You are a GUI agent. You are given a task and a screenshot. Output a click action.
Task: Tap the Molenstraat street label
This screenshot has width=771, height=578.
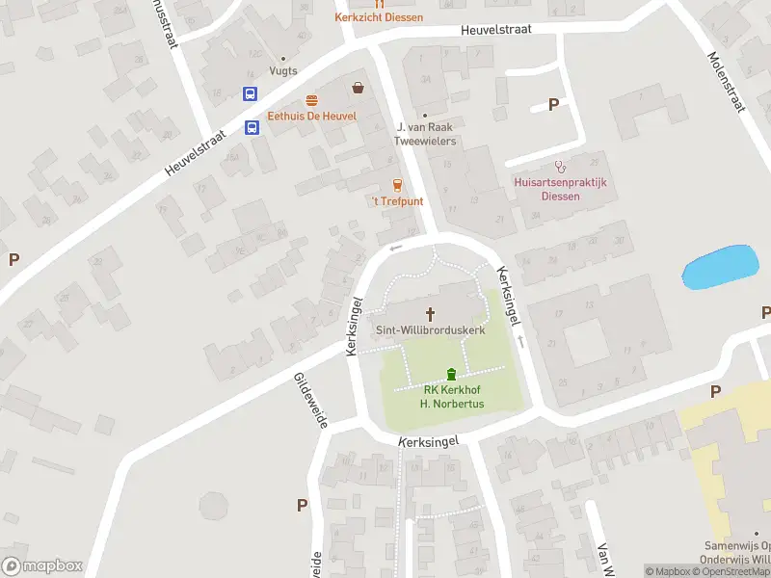(x=728, y=82)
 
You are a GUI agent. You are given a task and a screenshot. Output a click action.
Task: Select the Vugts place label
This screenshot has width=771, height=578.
(x=282, y=70)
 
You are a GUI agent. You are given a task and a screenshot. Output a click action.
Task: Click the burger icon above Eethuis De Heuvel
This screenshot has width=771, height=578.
(x=311, y=100)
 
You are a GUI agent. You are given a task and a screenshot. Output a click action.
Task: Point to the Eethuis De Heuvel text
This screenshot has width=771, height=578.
(x=311, y=117)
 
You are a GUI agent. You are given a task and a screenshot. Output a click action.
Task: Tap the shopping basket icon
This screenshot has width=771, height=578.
(x=359, y=88)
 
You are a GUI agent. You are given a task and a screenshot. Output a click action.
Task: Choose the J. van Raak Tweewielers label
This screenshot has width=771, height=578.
(x=425, y=134)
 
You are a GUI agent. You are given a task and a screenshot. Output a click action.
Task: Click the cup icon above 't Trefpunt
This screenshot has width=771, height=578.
(x=397, y=185)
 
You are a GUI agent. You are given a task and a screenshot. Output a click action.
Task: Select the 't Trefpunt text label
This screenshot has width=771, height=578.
(x=397, y=201)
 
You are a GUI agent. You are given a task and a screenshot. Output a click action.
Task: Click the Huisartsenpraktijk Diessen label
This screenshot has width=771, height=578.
(x=561, y=189)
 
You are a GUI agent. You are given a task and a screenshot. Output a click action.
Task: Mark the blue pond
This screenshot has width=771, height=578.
(x=720, y=267)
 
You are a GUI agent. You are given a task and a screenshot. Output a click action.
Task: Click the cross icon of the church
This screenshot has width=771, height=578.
(x=430, y=313)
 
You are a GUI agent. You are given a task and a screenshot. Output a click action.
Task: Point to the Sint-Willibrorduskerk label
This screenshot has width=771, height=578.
(x=430, y=329)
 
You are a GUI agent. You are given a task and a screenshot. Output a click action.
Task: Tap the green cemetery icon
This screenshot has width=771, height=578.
(x=451, y=374)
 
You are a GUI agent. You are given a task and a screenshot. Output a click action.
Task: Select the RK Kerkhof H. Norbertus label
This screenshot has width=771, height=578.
(x=451, y=397)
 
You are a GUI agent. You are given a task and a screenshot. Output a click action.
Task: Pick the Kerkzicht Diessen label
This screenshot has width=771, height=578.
(x=379, y=17)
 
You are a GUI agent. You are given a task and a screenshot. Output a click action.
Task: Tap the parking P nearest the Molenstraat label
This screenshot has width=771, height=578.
(x=553, y=105)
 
